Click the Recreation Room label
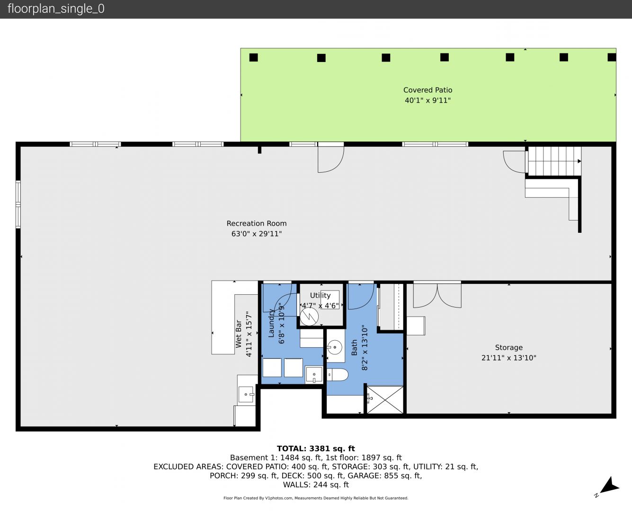(x=257, y=223)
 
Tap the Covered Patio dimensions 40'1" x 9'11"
(x=427, y=100)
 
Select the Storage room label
(x=508, y=347)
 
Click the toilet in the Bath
(x=338, y=375)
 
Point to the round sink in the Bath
(x=335, y=347)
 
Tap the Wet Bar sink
(x=246, y=395)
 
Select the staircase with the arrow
(x=554, y=161)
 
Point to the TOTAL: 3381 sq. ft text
(x=316, y=449)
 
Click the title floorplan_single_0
(x=56, y=9)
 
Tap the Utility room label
(x=320, y=295)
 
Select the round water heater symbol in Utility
(x=309, y=317)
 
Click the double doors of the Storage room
(x=437, y=295)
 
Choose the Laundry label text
(x=271, y=323)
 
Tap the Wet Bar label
(x=239, y=334)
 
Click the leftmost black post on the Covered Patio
(x=254, y=58)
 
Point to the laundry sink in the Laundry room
(x=314, y=375)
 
